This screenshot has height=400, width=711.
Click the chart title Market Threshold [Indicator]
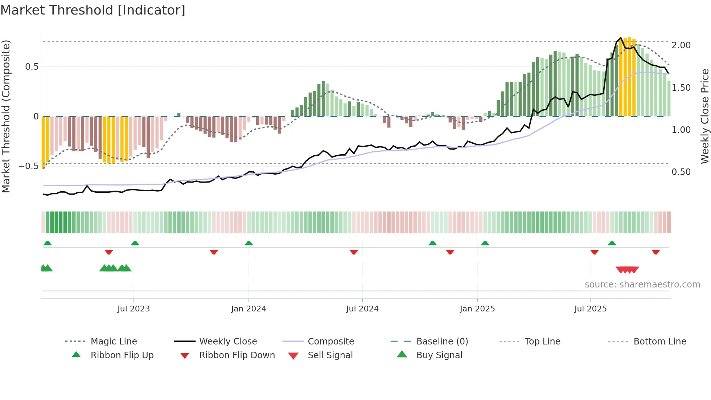click(93, 10)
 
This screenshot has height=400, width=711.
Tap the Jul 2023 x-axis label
click(133, 309)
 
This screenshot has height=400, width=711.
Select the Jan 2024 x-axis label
click(248, 309)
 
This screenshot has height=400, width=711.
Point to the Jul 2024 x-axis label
click(362, 309)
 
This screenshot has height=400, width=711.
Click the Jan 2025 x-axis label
click(477, 309)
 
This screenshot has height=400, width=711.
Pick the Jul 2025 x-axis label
click(590, 309)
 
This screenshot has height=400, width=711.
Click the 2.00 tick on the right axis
click(681, 45)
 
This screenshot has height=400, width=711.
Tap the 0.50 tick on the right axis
click(681, 172)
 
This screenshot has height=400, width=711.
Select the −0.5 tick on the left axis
click(28, 166)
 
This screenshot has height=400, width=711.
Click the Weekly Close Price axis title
click(704, 116)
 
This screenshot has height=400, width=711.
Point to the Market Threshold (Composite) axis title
click(6, 116)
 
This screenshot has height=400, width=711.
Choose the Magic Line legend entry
click(114, 342)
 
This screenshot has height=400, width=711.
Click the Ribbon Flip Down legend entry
click(237, 355)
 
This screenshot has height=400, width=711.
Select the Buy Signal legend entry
click(439, 355)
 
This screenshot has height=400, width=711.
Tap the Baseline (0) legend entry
click(442, 342)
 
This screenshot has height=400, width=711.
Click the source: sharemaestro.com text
click(642, 285)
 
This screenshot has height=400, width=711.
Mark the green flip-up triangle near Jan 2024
click(249, 243)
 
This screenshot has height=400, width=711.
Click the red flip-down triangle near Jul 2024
click(354, 252)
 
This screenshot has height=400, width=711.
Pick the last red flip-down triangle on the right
click(655, 252)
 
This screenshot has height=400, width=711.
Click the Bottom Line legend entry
click(659, 342)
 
